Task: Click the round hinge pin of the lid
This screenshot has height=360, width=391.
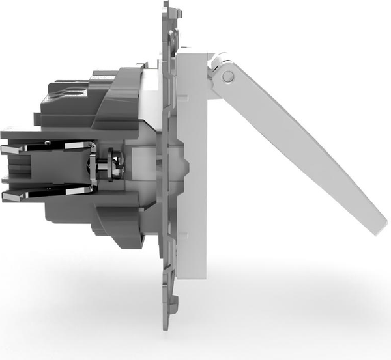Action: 227,76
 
